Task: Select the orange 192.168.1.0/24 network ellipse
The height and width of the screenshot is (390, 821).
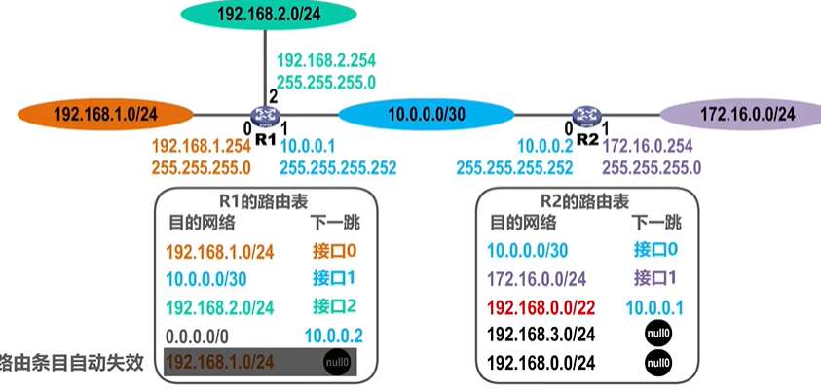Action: pyautogui.click(x=105, y=114)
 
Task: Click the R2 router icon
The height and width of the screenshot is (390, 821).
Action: pyautogui.click(x=586, y=118)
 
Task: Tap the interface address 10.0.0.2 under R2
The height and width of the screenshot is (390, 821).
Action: pyautogui.click(x=542, y=146)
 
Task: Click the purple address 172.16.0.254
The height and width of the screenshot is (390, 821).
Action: pyautogui.click(x=651, y=146)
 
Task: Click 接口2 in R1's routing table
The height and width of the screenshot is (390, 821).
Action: pyautogui.click(x=334, y=307)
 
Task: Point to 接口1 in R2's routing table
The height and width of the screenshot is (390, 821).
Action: pyautogui.click(x=655, y=278)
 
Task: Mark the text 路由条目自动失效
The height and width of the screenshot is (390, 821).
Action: pyautogui.click(x=72, y=363)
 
